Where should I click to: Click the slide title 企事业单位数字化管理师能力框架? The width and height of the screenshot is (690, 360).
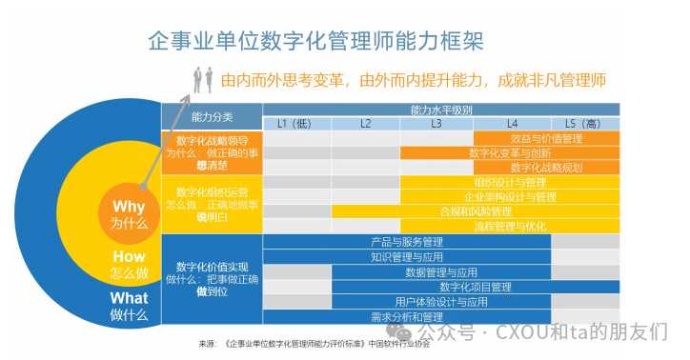(315, 41)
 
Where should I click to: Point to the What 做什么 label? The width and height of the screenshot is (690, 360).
(129, 305)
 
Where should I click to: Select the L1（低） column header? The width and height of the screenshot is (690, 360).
(294, 124)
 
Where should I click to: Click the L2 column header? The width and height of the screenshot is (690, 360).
(365, 124)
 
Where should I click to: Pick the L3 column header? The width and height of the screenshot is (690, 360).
(436, 124)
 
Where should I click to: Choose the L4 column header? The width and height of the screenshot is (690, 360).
(512, 124)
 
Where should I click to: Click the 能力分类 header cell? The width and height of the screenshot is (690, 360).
(212, 117)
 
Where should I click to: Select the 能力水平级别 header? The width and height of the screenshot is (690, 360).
(441, 110)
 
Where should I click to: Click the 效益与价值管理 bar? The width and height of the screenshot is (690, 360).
(546, 138)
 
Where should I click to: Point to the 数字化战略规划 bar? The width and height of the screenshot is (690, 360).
(546, 167)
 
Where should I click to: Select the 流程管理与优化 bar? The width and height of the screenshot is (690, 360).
(511, 226)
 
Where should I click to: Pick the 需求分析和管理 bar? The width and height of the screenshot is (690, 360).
(407, 316)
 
